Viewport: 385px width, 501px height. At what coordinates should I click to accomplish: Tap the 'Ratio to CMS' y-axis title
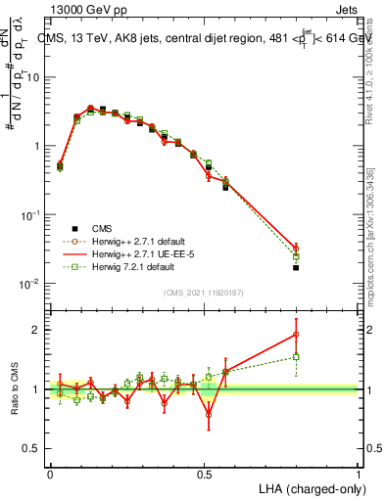pyautogui.click(x=17, y=388)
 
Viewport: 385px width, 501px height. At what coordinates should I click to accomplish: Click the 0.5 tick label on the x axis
pyautogui.click(x=204, y=474)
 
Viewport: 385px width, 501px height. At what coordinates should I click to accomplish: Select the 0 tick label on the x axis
pyautogui.click(x=50, y=474)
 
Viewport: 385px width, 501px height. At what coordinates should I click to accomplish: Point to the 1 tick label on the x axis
pyautogui.click(x=359, y=474)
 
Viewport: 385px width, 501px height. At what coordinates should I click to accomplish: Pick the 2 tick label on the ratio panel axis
pyautogui.click(x=38, y=330)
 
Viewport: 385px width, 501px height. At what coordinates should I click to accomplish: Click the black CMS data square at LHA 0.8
pyautogui.click(x=296, y=267)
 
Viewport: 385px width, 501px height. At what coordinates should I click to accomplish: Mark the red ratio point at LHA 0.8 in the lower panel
pyautogui.click(x=296, y=335)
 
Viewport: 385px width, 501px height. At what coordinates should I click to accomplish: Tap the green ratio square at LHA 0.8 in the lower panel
pyautogui.click(x=296, y=357)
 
